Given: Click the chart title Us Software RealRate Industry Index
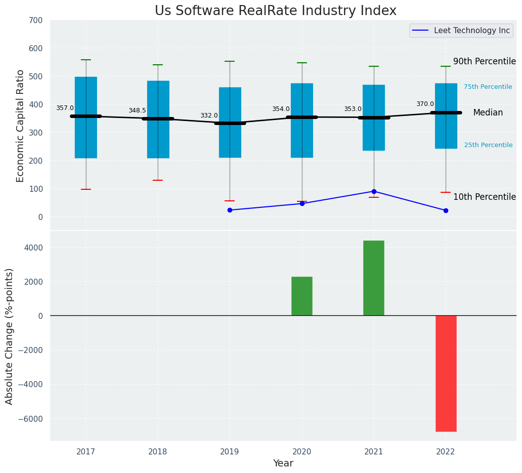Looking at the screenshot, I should (x=275, y=11).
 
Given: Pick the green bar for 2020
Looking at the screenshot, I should (x=301, y=296).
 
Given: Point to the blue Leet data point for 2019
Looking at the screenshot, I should (x=230, y=210).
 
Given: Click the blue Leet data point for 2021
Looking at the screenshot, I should (x=374, y=191).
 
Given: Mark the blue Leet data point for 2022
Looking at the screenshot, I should (x=446, y=210).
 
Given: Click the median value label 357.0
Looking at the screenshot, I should (x=65, y=108).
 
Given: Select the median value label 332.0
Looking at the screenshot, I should (x=209, y=115).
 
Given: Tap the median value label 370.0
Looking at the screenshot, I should (x=425, y=104).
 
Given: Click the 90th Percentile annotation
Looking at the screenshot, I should (x=484, y=61).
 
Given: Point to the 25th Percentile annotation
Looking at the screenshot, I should (x=488, y=145).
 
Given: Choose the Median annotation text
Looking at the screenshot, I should (x=488, y=113).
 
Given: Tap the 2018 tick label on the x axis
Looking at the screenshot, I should (x=158, y=452).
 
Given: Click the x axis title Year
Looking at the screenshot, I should (x=283, y=463).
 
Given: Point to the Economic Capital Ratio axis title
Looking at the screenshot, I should (x=21, y=126).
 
